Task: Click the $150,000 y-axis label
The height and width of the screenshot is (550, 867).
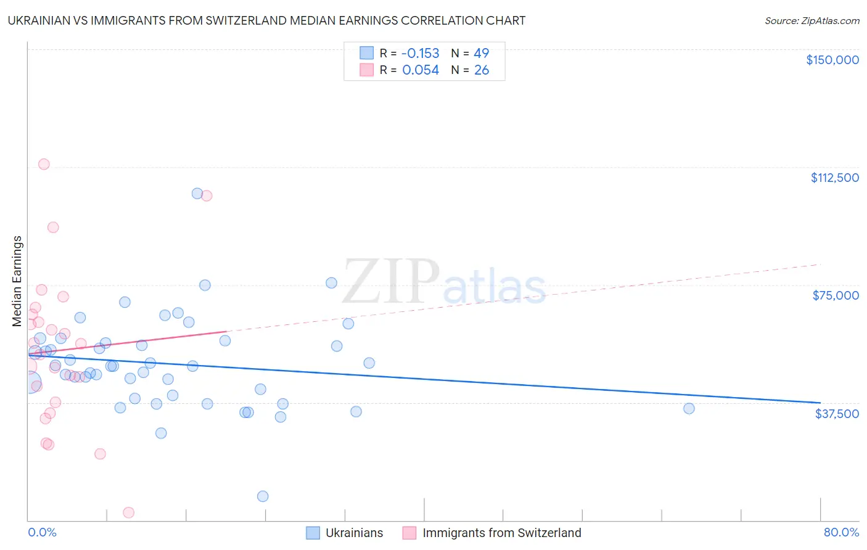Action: tap(832, 60)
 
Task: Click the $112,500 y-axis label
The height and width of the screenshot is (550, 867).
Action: tap(834, 178)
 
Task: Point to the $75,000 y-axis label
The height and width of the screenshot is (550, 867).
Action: tap(836, 295)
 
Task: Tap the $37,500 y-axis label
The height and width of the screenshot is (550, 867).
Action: tap(837, 414)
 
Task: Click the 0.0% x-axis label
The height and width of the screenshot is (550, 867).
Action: tap(42, 533)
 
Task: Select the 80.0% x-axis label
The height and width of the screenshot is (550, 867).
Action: tap(841, 533)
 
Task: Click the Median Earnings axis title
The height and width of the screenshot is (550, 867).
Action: tap(17, 281)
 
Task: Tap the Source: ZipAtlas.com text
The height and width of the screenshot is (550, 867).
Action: tap(812, 21)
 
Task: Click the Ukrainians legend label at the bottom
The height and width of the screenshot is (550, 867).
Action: tap(354, 533)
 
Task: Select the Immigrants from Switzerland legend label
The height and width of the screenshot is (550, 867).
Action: tap(501, 533)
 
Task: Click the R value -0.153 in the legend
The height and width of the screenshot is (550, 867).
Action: tap(421, 54)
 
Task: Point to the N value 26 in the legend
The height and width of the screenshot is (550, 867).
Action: tap(482, 70)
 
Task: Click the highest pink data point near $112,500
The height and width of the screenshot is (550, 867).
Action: tap(44, 164)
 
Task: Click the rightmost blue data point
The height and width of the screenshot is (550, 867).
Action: tap(689, 408)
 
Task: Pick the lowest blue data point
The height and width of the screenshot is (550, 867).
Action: tap(263, 496)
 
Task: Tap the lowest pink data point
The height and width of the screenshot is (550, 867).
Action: tap(128, 512)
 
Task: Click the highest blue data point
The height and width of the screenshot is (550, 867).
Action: tap(197, 194)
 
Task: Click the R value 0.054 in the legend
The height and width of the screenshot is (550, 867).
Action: tap(421, 70)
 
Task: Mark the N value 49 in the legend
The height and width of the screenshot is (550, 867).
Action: tap(482, 54)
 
